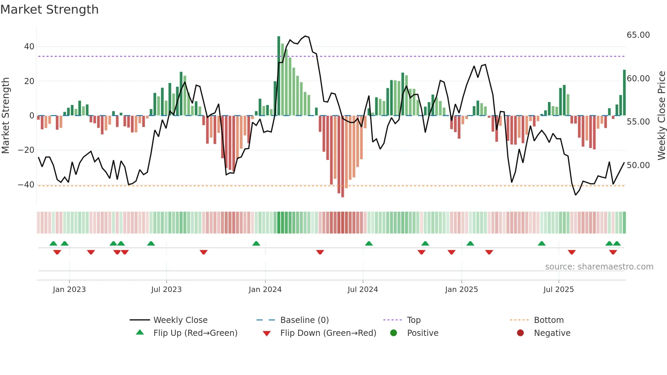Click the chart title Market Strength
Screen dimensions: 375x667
click(x=49, y=10)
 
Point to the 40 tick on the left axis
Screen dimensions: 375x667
click(x=29, y=47)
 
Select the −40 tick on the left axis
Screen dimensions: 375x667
click(x=26, y=185)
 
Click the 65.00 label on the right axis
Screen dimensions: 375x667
click(x=638, y=35)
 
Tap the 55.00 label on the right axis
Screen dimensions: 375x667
click(x=638, y=122)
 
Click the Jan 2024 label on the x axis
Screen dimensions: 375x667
click(x=265, y=290)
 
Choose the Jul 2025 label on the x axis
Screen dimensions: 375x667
click(x=558, y=290)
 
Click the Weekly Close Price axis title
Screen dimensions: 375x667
click(x=661, y=116)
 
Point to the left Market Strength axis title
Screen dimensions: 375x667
click(x=5, y=116)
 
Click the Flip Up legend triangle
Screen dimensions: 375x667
click(x=140, y=332)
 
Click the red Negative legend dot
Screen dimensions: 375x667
click(x=520, y=333)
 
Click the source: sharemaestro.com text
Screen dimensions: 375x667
click(x=599, y=267)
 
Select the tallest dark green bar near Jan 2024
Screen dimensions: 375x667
click(x=279, y=76)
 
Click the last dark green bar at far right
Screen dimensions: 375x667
click(x=624, y=93)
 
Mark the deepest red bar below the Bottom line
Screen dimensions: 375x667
click(x=342, y=157)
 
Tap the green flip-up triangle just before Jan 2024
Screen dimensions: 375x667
click(x=256, y=243)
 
